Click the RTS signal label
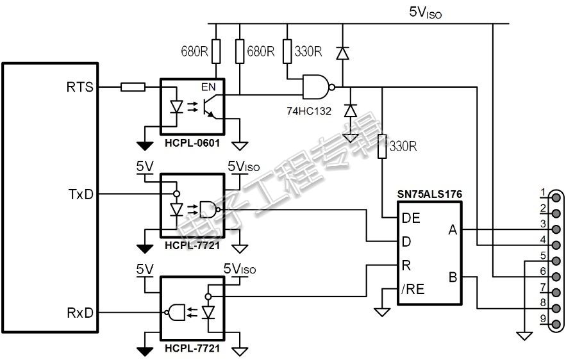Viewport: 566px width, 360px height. coord(79,87)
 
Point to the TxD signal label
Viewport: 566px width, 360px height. coord(81,195)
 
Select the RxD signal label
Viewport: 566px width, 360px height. coord(80,313)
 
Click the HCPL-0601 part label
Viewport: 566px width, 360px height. coord(192,143)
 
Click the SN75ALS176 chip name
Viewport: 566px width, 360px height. coord(429,195)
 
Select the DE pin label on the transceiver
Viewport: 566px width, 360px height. coord(411,218)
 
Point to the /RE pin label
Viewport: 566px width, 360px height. coord(413,289)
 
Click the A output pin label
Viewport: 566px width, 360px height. coord(453,229)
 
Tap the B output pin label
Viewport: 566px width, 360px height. coord(453,277)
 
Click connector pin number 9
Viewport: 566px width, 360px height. coord(544,319)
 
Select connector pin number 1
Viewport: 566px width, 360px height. coord(544,193)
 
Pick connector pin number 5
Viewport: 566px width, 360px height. coord(544,256)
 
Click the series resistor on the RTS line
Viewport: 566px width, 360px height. coord(133,87)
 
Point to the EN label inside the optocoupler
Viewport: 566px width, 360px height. coord(208,87)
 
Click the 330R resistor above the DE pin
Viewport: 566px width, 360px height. coord(382,147)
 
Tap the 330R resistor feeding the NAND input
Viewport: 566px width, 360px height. coord(287,52)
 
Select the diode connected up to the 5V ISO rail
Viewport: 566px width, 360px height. coord(342,53)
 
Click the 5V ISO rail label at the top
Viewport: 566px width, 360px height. coord(425,13)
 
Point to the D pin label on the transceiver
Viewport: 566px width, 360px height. coord(406,241)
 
